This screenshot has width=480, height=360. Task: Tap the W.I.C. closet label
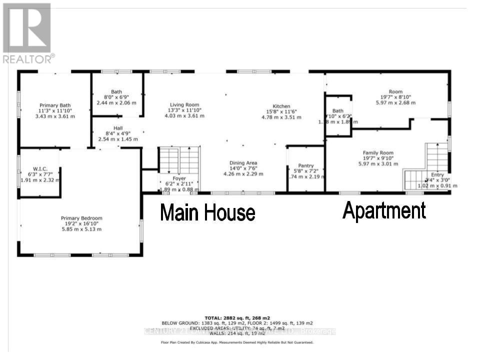coord(40,168)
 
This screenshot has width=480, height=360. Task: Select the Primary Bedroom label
coord(81,218)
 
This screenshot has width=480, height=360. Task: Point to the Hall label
coord(118,128)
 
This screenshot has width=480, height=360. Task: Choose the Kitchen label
coord(281,106)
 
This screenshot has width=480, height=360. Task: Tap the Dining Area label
coord(243,163)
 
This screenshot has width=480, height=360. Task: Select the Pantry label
coord(305,166)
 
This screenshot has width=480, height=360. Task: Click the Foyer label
coord(179,178)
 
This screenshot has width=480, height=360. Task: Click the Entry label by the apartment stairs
coord(437,175)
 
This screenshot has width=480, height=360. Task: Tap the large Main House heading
coord(207,213)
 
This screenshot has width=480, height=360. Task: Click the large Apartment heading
coord(384,210)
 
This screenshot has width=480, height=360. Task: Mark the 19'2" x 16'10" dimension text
coord(81,224)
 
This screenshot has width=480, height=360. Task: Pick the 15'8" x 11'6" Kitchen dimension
coord(281,112)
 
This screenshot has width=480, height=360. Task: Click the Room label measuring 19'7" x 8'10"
coord(395,92)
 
